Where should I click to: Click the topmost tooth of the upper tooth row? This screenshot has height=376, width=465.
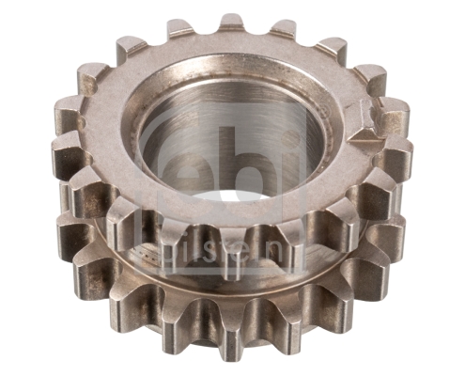232,25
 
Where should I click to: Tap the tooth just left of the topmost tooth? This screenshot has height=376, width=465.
180,31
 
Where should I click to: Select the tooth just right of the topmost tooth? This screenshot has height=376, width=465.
282,31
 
